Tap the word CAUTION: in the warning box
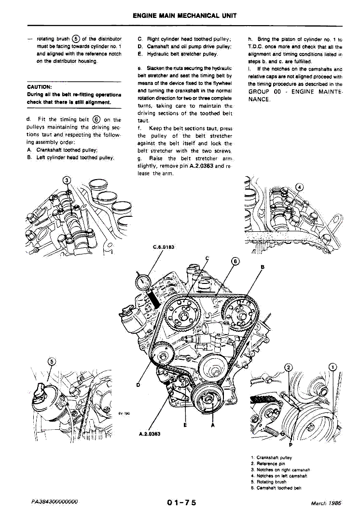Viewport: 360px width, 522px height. (x=40, y=87)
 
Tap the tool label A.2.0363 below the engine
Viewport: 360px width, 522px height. (x=149, y=433)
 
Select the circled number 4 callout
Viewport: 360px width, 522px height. (x=299, y=187)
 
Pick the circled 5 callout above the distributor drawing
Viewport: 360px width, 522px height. (x=52, y=361)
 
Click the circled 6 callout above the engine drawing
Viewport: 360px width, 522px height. (x=235, y=261)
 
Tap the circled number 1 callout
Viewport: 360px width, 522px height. (x=333, y=367)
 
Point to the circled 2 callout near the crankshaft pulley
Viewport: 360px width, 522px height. (x=289, y=367)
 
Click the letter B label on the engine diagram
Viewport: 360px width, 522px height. (x=263, y=267)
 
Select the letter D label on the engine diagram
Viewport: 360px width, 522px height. (x=138, y=385)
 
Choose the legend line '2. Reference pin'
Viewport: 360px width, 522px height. (x=268, y=464)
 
